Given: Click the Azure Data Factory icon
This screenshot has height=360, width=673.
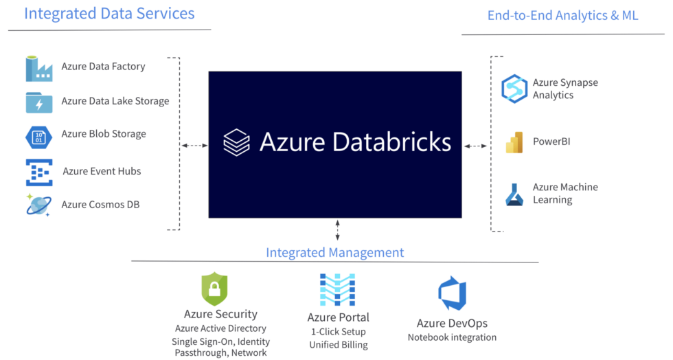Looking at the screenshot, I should pyautogui.click(x=39, y=67).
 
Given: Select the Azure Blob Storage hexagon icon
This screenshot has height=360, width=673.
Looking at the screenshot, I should pyautogui.click(x=39, y=135).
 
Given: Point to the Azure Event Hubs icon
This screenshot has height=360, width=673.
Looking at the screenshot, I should pyautogui.click(x=39, y=172).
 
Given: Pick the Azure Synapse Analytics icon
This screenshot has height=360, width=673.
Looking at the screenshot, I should pyautogui.click(x=514, y=89).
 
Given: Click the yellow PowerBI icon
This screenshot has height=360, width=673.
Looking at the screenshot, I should pyautogui.click(x=514, y=142).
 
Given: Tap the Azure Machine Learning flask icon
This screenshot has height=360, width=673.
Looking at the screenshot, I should pyautogui.click(x=514, y=194).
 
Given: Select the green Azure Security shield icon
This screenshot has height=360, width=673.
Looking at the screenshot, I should pyautogui.click(x=214, y=289).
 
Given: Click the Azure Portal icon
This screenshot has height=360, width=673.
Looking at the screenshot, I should pyautogui.click(x=337, y=289).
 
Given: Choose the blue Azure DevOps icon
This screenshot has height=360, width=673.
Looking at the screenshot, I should pyautogui.click(x=452, y=293).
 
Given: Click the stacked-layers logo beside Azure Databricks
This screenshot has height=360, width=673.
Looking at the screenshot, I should pyautogui.click(x=237, y=142).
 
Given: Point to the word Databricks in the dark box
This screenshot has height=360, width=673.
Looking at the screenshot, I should pyautogui.click(x=391, y=142).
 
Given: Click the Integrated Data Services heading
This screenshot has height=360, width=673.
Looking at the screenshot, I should pyautogui.click(x=109, y=13).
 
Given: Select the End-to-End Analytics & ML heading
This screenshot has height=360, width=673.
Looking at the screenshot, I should pyautogui.click(x=562, y=15).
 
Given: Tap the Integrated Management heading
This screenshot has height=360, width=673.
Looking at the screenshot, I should pyautogui.click(x=334, y=252).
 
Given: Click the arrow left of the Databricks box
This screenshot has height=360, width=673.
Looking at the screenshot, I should pyautogui.click(x=194, y=146).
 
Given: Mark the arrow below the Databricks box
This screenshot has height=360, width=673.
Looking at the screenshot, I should pyautogui.click(x=337, y=229).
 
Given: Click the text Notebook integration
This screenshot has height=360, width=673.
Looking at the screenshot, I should pyautogui.click(x=451, y=337).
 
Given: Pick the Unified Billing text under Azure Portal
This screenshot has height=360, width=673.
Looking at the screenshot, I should pyautogui.click(x=338, y=345).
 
